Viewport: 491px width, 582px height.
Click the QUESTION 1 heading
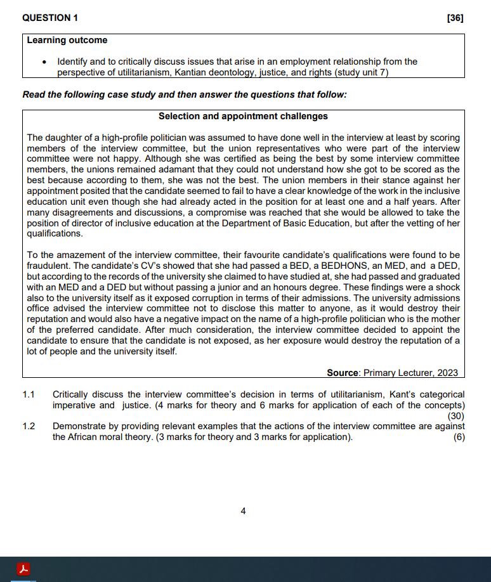[46, 18]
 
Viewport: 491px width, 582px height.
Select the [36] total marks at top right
[455, 18]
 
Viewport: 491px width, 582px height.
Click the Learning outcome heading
[67, 40]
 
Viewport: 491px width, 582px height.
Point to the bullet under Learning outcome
[44, 62]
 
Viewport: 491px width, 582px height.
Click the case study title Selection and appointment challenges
[243, 116]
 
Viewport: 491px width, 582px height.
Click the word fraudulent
[49, 266]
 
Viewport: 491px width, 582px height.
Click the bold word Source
[343, 373]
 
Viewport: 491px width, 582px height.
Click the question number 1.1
[29, 394]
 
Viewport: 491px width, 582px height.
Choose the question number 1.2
[29, 427]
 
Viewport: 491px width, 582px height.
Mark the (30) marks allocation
[455, 416]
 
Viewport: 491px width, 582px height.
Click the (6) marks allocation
[459, 437]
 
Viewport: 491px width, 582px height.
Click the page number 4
[243, 511]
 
